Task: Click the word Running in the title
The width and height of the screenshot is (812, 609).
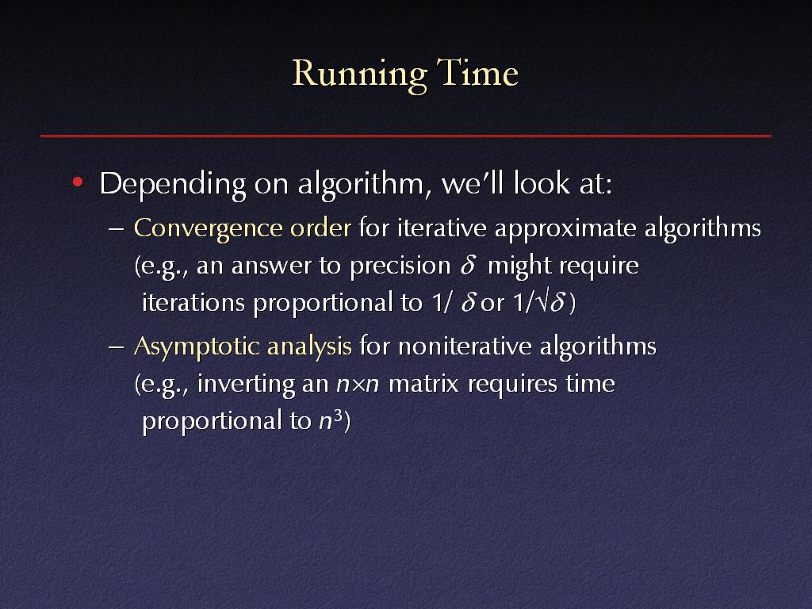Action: tap(359, 75)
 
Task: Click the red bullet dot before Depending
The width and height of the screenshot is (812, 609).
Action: tap(78, 182)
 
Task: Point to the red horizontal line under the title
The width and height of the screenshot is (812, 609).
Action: tap(406, 136)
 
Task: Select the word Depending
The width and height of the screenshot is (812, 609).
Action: tap(172, 185)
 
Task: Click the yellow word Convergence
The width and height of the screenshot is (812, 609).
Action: tap(208, 229)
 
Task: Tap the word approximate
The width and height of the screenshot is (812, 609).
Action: tap(565, 229)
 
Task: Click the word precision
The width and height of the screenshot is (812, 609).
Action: tap(400, 266)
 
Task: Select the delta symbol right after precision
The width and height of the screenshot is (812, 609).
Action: tap(468, 265)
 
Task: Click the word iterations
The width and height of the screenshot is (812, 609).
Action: tap(193, 302)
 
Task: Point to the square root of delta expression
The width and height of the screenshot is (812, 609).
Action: tap(550, 302)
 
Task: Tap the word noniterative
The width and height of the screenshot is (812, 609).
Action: tap(465, 346)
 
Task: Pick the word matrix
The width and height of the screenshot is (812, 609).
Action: tap(423, 385)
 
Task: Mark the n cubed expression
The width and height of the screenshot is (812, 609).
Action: tap(331, 420)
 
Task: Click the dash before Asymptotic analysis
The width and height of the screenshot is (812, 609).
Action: tap(116, 347)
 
